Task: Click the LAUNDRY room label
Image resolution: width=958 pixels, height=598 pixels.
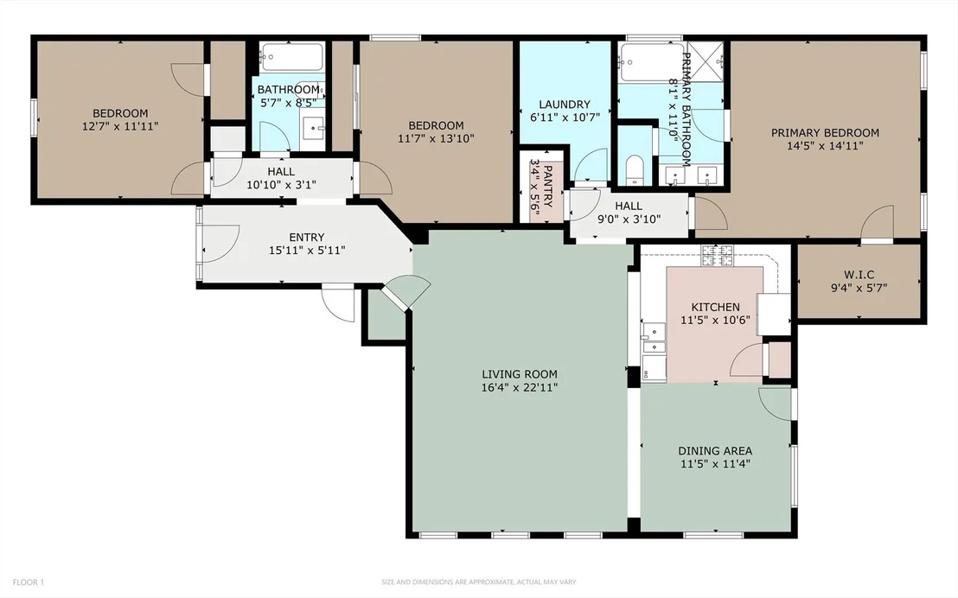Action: coord(565,105)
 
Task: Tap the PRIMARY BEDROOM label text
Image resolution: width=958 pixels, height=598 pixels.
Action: coord(825,132)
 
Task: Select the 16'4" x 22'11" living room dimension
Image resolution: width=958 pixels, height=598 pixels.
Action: coord(520,387)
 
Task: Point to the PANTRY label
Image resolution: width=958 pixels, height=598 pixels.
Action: coord(547,187)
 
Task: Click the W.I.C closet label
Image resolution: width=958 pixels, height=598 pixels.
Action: coord(859,275)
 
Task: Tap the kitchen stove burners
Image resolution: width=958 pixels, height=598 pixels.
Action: coord(718,255)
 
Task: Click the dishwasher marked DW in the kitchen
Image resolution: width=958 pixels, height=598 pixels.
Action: coord(654,368)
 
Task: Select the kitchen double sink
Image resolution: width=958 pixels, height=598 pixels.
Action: coord(653,339)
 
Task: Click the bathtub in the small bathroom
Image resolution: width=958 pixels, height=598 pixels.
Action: coord(291,57)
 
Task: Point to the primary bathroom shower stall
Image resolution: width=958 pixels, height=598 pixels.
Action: coord(706,61)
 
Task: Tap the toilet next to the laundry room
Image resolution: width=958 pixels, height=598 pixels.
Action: coord(635,170)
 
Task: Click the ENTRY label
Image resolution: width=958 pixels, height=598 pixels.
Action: coord(307,237)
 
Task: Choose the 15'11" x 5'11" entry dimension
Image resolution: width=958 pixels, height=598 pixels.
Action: coord(307,251)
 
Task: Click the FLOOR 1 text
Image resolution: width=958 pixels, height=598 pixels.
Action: coord(29,582)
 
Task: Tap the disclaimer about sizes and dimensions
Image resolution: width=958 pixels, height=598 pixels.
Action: coord(479,582)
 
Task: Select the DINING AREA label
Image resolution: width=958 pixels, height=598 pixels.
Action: coord(715,451)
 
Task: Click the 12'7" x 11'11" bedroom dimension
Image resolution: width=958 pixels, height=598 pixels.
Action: coord(120,126)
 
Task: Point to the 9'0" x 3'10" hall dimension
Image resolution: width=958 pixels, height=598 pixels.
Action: coord(629,219)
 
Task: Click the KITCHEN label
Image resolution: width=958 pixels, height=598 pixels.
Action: coord(715,307)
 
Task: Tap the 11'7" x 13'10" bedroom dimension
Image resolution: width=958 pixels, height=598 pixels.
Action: coord(437,138)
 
